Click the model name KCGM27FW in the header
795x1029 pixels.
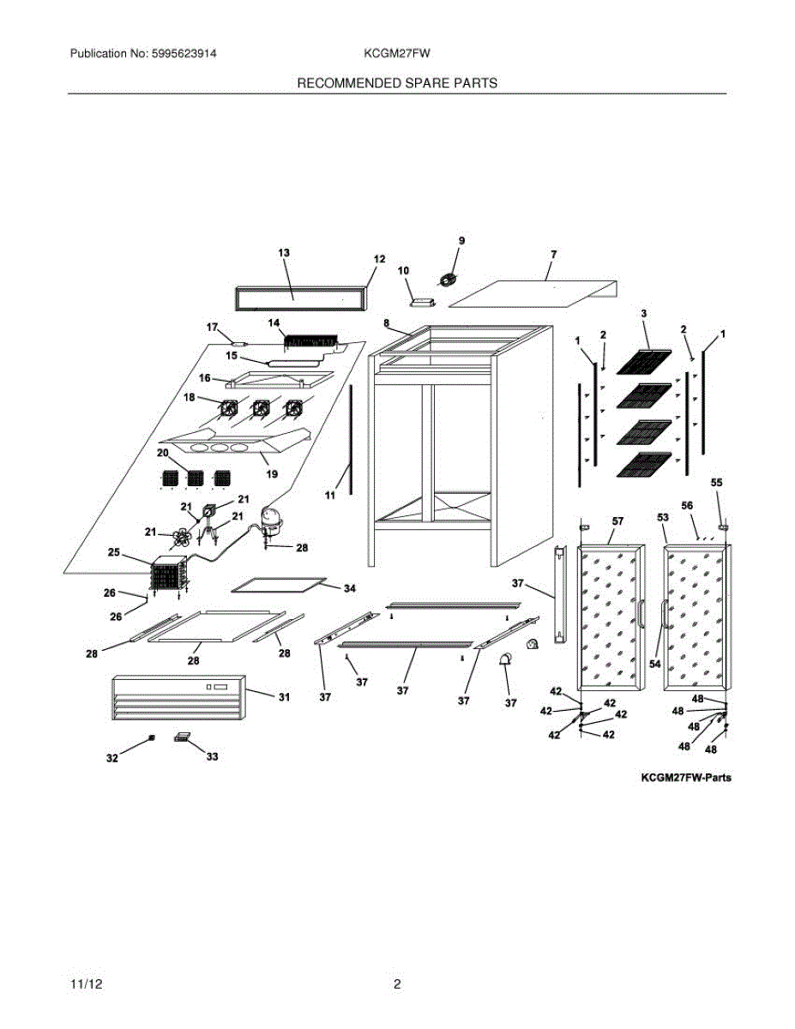(396, 53)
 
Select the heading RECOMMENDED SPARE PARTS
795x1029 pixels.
(397, 83)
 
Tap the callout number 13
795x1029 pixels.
(284, 252)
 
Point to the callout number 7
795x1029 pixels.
(554, 255)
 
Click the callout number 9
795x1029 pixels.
(461, 241)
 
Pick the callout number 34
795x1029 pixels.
(349, 589)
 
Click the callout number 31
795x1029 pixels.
(284, 698)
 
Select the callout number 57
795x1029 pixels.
(617, 521)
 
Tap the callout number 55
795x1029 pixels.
(717, 484)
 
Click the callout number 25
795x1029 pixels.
(113, 552)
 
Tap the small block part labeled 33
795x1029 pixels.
(184, 737)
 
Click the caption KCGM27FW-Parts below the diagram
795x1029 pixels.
(685, 779)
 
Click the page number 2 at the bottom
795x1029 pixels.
(397, 984)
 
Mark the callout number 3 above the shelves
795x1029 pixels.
(644, 315)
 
